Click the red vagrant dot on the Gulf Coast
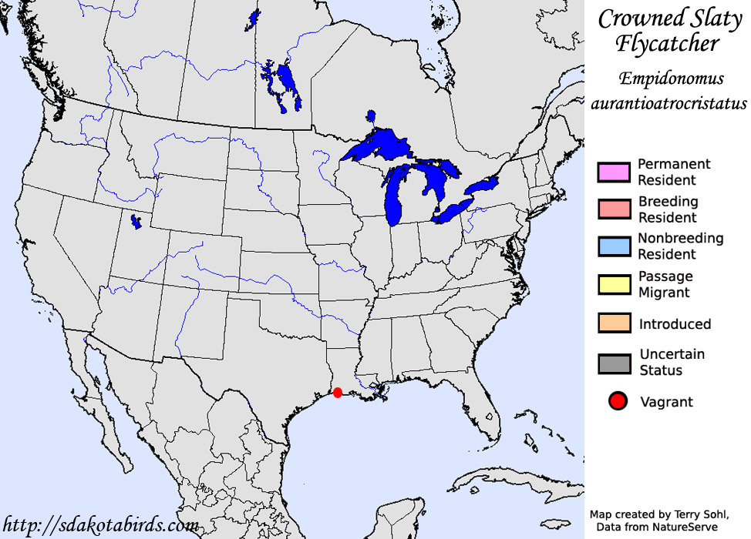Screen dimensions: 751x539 pyautogui.click(x=337, y=393)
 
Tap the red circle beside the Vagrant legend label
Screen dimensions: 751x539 pyautogui.click(x=615, y=401)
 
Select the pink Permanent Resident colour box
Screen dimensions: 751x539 pyautogui.click(x=614, y=172)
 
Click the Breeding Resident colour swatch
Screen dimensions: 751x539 pyautogui.click(x=614, y=209)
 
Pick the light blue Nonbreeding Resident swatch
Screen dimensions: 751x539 pyautogui.click(x=614, y=246)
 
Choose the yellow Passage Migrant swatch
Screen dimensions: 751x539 pyautogui.click(x=614, y=283)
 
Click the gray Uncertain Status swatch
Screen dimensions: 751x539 pyautogui.click(x=614, y=362)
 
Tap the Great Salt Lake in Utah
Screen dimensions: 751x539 pyautogui.click(x=136, y=222)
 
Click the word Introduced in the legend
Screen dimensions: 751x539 pyautogui.click(x=675, y=324)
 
